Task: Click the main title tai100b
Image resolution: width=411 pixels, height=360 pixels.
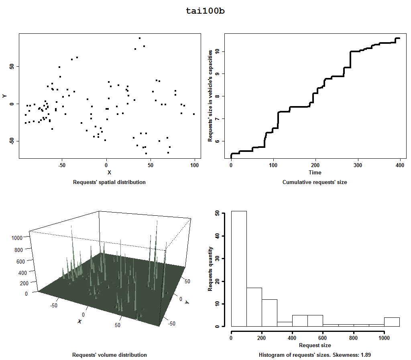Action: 205,11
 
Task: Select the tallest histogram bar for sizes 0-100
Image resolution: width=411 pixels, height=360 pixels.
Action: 239,268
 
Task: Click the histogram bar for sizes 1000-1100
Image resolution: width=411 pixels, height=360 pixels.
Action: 392,321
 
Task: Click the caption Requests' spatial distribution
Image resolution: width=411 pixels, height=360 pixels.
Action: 109,182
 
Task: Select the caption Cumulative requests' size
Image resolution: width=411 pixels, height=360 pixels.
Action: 315,182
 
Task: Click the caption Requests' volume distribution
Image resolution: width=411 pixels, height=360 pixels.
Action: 109,355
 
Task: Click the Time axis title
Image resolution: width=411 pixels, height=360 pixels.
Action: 315,173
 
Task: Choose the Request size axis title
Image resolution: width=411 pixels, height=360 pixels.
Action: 315,345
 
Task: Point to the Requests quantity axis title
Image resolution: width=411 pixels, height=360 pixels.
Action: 210,268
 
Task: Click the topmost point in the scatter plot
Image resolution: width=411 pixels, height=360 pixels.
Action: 140,38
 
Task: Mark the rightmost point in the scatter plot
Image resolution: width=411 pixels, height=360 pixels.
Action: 194,114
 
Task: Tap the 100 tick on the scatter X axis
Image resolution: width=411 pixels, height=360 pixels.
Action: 195,165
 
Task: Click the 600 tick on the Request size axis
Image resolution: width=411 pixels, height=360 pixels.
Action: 323,337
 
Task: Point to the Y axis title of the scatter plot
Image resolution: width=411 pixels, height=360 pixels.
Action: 5,96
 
